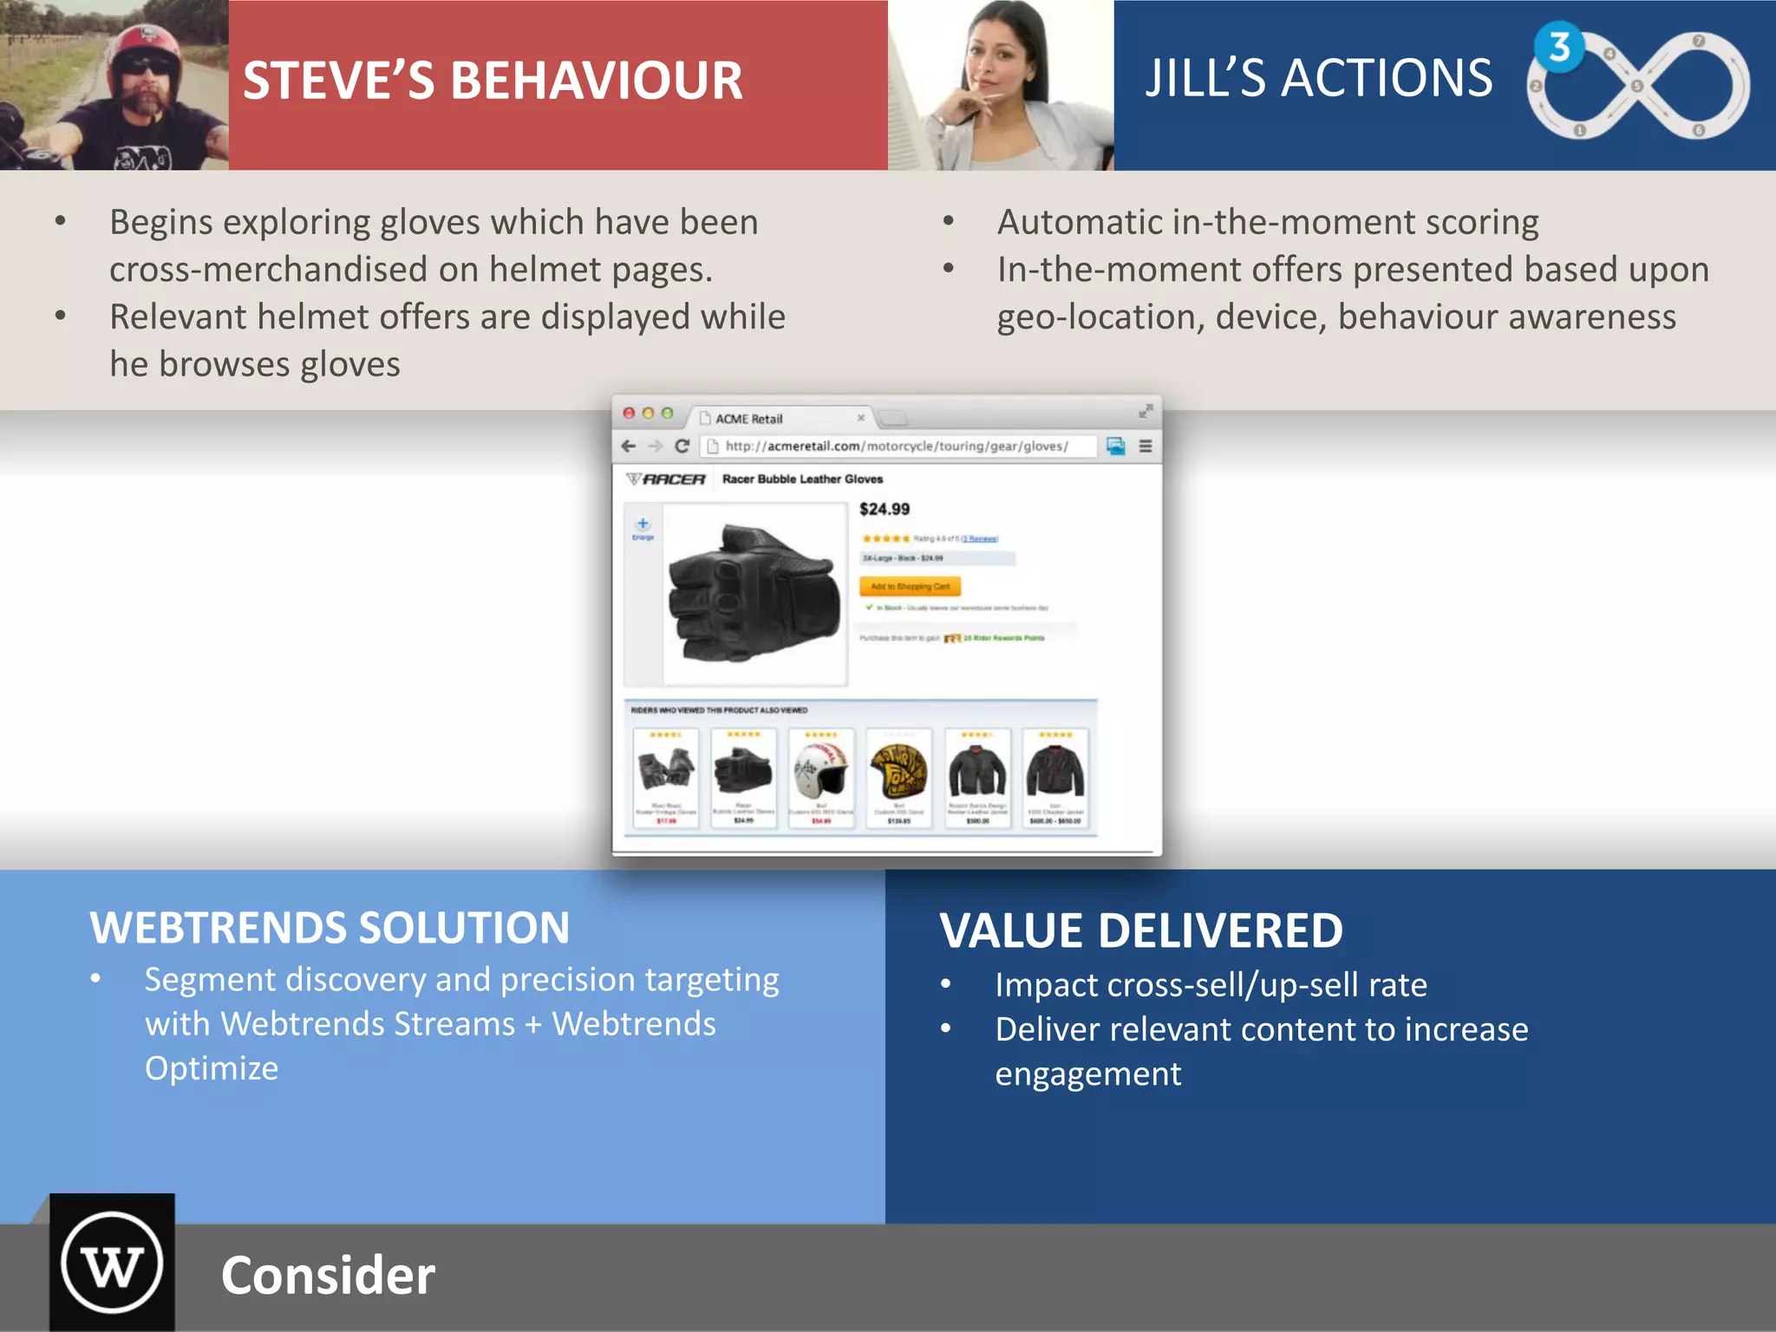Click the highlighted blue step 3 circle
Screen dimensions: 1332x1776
click(x=1559, y=47)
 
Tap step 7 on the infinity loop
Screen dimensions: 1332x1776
click(x=1698, y=41)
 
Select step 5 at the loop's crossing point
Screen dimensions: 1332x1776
click(x=1636, y=86)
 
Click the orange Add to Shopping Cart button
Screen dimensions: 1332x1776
click(x=910, y=586)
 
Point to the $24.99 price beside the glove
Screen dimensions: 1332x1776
click(x=885, y=509)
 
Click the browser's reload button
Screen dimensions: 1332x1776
click(x=682, y=446)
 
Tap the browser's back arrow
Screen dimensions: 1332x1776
click(x=629, y=446)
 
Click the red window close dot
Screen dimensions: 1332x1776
click(x=629, y=414)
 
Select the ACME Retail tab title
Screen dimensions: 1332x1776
click(x=748, y=419)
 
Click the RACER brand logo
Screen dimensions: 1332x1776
click(x=666, y=479)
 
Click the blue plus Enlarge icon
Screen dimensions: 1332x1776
click(x=643, y=524)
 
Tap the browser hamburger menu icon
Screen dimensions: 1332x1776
click(x=1146, y=446)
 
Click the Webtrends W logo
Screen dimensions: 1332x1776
click(x=112, y=1263)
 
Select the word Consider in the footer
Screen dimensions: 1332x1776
click(x=328, y=1276)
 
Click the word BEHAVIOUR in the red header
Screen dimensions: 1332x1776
click(x=597, y=81)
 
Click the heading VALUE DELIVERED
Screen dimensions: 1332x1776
click(x=1140, y=930)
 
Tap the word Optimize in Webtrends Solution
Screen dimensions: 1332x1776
click(x=212, y=1068)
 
